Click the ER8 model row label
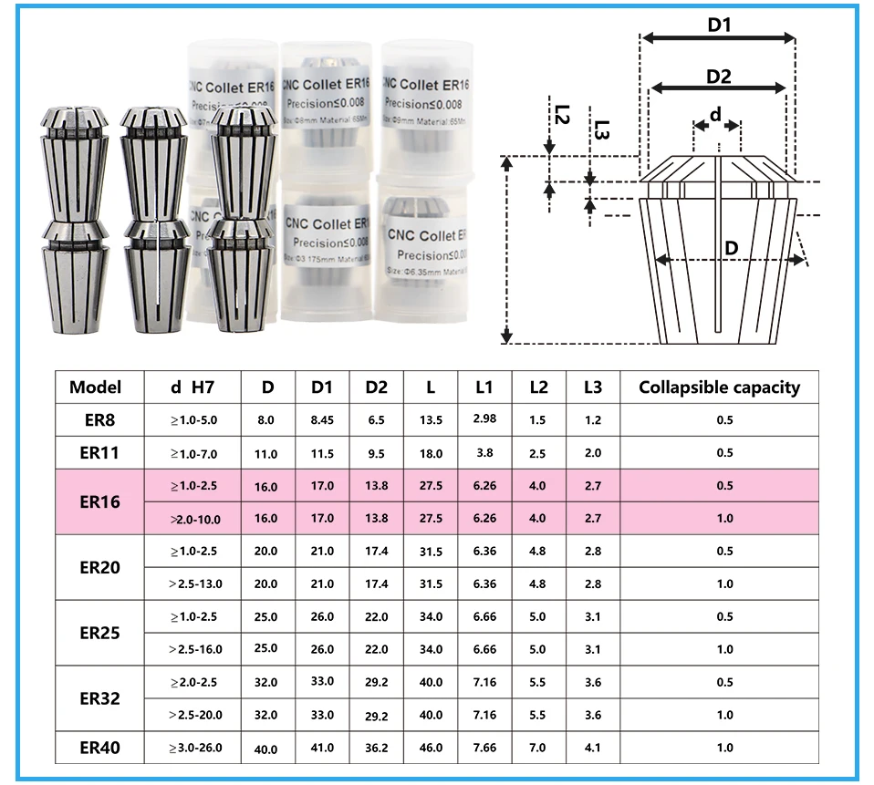tap(95, 420)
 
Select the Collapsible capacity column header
tap(719, 387)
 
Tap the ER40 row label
tap(99, 749)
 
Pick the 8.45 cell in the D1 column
tap(322, 420)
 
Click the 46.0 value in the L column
tap(431, 749)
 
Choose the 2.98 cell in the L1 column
tap(484, 418)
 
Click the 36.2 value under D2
tap(376, 749)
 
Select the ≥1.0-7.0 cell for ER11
tap(193, 453)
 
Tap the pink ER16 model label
tap(99, 501)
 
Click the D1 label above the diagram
tap(720, 26)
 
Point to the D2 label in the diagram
tap(719, 77)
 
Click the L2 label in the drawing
tap(562, 116)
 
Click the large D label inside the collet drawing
tap(730, 248)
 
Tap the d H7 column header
tap(192, 387)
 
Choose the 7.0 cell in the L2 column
tap(538, 749)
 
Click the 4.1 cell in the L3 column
tap(593, 749)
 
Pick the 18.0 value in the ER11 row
tap(431, 453)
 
